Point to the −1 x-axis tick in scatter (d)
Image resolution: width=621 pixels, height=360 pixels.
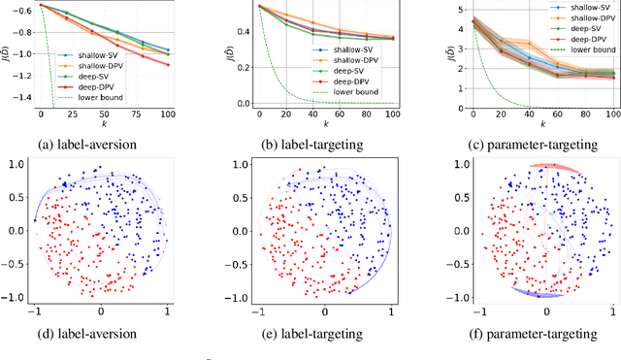pos(34,315)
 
